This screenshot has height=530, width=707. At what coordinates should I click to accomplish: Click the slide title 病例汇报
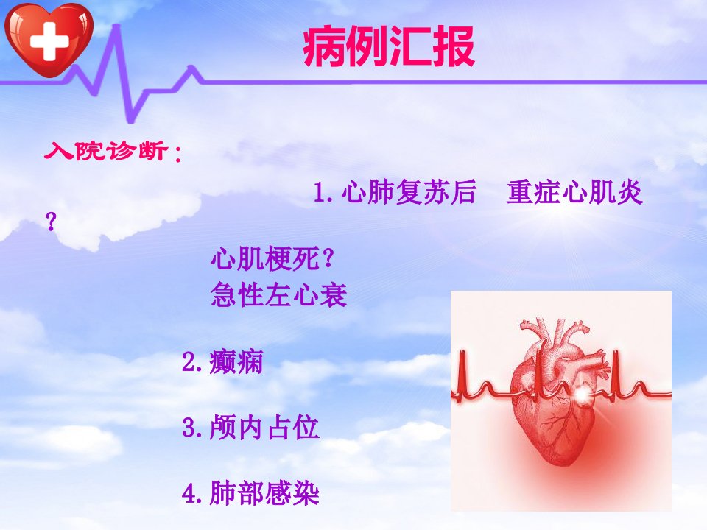[x=389, y=46]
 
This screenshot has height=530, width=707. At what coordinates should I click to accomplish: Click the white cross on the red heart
[x=49, y=41]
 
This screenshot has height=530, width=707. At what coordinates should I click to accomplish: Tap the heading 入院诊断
[x=106, y=150]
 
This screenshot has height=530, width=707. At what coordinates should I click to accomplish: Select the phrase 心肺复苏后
[x=409, y=192]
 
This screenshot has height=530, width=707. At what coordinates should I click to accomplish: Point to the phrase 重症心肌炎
[x=574, y=192]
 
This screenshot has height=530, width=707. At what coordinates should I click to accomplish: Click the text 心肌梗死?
[x=272, y=258]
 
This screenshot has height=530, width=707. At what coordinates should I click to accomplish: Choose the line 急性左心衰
[x=278, y=295]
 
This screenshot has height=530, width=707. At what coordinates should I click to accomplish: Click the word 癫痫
[x=236, y=362]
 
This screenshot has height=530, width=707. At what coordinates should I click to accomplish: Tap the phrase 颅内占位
[x=264, y=427]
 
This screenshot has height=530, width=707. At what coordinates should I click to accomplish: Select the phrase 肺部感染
[x=264, y=493]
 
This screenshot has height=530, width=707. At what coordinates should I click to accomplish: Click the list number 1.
[x=323, y=192]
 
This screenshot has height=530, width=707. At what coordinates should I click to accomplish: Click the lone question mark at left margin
[x=52, y=222]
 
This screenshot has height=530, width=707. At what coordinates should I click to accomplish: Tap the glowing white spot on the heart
[x=582, y=395]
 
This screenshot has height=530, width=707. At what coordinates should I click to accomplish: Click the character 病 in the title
[x=323, y=46]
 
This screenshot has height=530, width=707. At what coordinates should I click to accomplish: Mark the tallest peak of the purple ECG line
[x=117, y=26]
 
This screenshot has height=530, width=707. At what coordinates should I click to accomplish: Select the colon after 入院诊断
[x=178, y=153]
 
